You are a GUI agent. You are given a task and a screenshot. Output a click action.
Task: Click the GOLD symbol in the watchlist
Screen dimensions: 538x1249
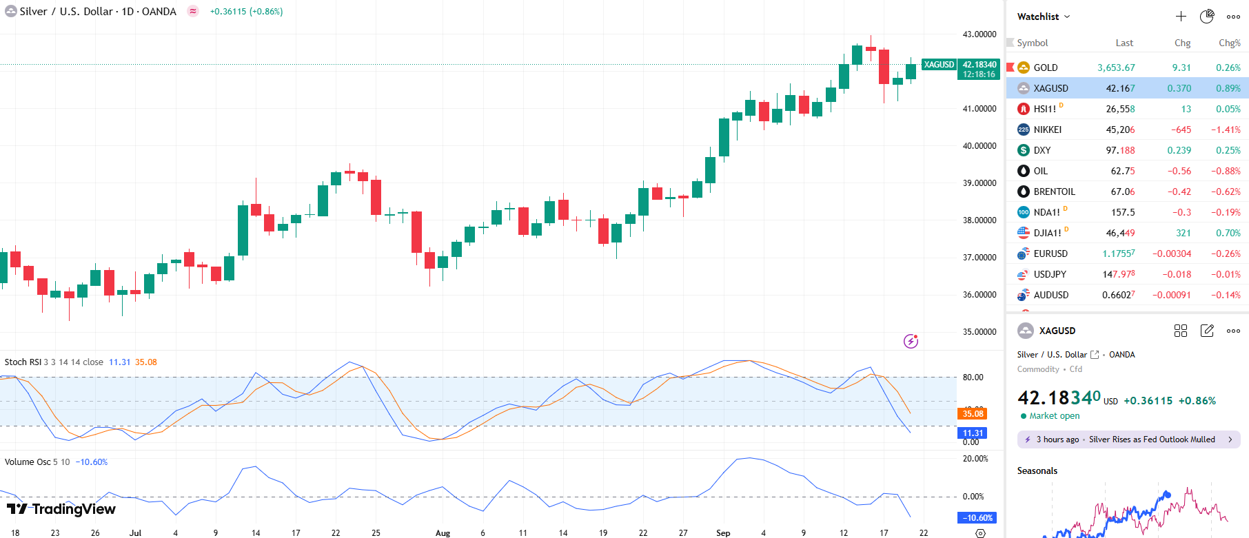click(1045, 68)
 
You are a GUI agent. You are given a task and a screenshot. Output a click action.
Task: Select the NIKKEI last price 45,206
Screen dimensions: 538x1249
click(1120, 130)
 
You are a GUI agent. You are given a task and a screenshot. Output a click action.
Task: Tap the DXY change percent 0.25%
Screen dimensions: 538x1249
click(1228, 150)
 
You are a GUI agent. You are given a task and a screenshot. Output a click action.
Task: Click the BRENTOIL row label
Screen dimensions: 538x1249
click(1054, 192)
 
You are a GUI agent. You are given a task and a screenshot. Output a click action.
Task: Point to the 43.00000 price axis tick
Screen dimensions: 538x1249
click(979, 34)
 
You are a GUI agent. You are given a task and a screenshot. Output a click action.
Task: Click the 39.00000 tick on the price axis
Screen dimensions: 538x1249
click(979, 183)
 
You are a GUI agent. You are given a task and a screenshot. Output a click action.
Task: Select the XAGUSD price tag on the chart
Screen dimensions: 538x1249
click(939, 65)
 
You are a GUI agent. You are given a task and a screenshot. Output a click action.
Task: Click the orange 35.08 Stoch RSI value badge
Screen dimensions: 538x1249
click(973, 414)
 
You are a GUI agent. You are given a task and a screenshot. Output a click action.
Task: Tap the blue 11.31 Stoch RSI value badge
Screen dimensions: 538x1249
click(973, 433)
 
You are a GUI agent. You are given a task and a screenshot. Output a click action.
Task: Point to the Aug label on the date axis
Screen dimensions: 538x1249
click(443, 532)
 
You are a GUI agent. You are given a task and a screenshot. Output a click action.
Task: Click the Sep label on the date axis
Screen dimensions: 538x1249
click(723, 532)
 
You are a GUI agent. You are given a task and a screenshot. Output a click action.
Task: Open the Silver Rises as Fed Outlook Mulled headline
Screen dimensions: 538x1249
click(1151, 439)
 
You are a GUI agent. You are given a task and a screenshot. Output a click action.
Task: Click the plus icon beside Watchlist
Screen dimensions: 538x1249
click(1181, 17)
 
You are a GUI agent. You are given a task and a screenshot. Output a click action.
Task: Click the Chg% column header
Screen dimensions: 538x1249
click(1229, 43)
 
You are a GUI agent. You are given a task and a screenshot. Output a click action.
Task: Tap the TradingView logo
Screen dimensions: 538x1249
click(61, 509)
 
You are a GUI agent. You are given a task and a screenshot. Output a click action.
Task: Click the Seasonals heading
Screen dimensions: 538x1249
click(1037, 471)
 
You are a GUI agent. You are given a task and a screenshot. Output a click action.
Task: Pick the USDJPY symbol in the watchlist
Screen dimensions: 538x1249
click(1049, 274)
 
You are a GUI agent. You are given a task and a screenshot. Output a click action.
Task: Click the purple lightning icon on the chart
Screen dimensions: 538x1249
click(911, 341)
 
